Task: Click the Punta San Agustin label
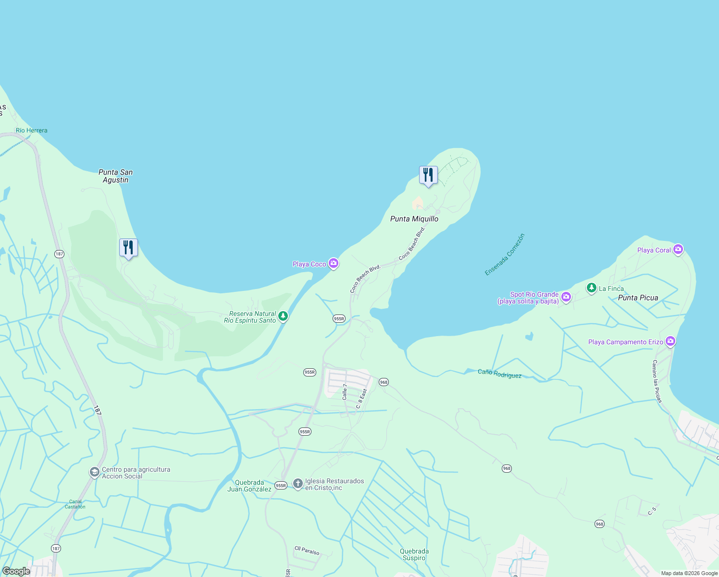(115, 176)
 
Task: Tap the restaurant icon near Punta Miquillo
(428, 176)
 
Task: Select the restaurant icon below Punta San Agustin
(128, 248)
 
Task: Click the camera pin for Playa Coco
(334, 263)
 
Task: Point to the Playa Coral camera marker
(678, 249)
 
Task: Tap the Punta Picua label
(638, 298)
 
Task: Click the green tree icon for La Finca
(591, 288)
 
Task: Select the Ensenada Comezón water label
(505, 254)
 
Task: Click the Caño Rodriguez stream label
(499, 374)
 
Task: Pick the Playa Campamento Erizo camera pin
(670, 341)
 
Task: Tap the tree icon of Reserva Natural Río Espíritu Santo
(283, 316)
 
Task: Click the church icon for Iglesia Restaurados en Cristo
(298, 483)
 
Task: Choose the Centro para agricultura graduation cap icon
(94, 472)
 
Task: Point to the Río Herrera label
(32, 130)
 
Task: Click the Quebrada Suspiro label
(414, 554)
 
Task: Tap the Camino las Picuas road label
(657, 381)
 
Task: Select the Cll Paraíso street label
(307, 550)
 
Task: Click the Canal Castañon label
(75, 504)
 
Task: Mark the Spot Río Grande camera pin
(566, 297)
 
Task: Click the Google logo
(16, 571)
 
